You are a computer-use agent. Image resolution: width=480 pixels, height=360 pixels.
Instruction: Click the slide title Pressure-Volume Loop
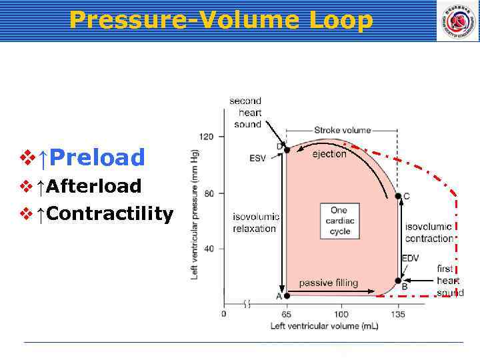click(x=221, y=20)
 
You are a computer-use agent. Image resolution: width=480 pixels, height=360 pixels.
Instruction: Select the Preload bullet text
click(x=97, y=157)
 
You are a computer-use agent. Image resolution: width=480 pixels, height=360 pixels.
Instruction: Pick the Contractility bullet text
click(x=110, y=213)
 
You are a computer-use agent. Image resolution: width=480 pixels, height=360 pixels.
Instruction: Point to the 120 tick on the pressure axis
click(x=207, y=137)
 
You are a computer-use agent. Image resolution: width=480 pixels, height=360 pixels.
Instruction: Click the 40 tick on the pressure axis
click(x=209, y=249)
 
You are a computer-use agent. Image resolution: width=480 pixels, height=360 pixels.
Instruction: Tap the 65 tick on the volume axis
click(x=287, y=314)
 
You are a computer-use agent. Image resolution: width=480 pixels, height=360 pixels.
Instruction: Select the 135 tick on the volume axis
click(x=398, y=314)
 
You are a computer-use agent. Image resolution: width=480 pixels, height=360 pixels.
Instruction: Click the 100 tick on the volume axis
click(x=341, y=314)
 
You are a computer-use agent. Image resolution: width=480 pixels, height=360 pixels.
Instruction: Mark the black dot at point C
click(x=398, y=196)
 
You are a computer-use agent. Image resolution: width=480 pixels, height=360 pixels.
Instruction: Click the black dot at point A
click(x=287, y=295)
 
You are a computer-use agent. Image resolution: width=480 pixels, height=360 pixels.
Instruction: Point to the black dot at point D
click(x=287, y=149)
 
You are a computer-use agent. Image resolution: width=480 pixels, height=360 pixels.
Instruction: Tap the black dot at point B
click(x=398, y=281)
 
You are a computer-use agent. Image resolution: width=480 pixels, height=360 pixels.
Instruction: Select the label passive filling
click(x=328, y=283)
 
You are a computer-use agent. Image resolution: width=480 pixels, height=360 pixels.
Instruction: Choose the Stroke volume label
click(x=342, y=130)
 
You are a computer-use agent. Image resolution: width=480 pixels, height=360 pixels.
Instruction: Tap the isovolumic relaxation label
click(x=255, y=223)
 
